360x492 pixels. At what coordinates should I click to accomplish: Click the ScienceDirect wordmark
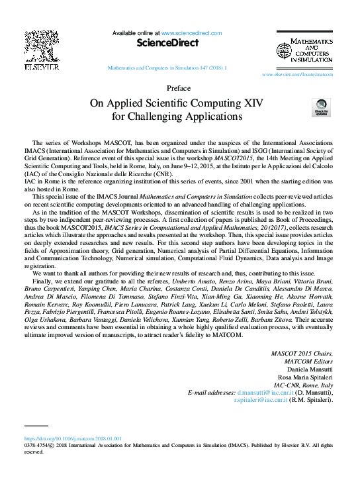(x=167, y=43)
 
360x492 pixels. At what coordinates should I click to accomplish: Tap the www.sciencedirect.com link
(x=192, y=32)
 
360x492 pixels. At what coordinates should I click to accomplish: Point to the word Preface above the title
(x=179, y=88)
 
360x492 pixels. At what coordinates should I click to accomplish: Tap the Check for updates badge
(x=321, y=108)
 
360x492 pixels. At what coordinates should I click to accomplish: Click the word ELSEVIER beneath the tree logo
(x=41, y=67)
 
